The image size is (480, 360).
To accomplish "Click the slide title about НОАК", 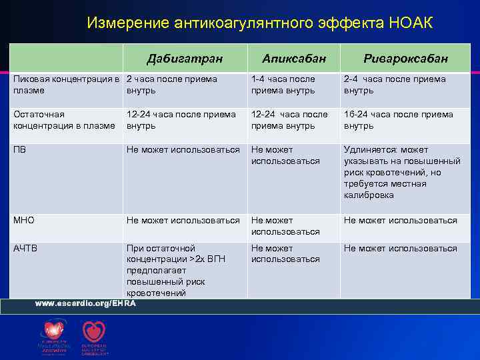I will coord(259,23).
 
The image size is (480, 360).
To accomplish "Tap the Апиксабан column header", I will coord(294,59).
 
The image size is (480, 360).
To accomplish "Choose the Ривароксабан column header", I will coord(405,59).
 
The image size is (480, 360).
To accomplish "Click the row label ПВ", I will coord(20,150).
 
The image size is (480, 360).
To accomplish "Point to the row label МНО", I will coord(24,221).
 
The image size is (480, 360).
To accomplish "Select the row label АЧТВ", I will coord(26,249).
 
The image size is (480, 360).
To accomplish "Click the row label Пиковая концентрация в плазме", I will coord(67,85).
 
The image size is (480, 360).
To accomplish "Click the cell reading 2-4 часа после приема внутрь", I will coord(395,85).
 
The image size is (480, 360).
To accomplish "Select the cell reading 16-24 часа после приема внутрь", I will coord(398,120).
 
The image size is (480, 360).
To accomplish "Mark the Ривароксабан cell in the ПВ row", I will coord(401,172).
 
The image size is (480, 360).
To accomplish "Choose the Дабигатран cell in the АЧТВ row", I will coord(177,270).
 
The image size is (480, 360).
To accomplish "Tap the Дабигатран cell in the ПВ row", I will coord(183,150).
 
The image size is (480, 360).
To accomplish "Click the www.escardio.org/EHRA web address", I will coord(85,303).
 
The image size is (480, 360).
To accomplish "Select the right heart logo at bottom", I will coord(93,332).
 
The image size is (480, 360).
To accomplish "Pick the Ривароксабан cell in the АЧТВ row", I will coord(400,249).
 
